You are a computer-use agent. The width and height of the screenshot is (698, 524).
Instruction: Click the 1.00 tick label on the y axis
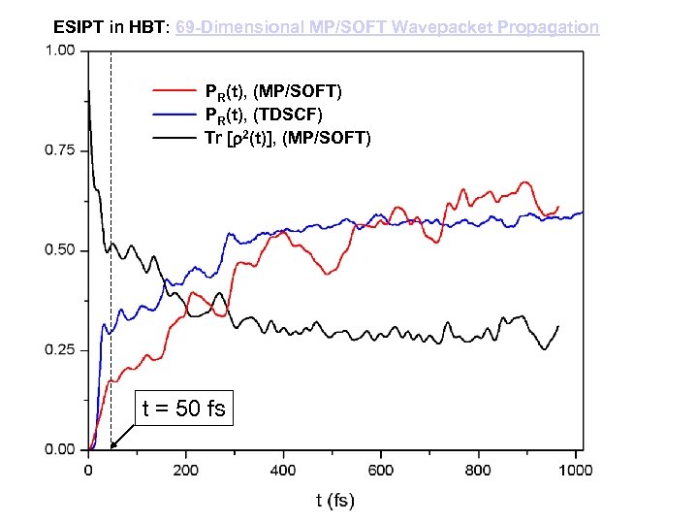(60, 51)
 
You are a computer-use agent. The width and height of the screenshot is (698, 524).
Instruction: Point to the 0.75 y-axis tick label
(60, 150)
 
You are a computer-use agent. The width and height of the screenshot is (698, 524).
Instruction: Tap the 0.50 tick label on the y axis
(60, 250)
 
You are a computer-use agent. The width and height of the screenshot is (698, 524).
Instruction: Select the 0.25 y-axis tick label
(60, 350)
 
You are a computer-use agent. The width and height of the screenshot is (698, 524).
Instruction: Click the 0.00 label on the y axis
(60, 449)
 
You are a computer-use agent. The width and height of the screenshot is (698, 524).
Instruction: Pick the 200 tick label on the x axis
(185, 471)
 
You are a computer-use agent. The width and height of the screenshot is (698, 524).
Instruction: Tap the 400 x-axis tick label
(283, 471)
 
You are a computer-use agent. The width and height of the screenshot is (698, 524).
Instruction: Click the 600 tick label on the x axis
(381, 471)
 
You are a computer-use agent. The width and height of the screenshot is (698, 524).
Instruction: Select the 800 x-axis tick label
(479, 471)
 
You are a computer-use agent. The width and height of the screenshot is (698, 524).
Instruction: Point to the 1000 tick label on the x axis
(576, 471)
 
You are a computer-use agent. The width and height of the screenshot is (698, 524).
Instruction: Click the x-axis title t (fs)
(334, 501)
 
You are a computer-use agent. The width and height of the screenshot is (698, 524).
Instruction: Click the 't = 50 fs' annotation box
(182, 409)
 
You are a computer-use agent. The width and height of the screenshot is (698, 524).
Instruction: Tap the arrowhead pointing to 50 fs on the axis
(113, 445)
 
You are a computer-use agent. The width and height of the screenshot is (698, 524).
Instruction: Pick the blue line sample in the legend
(174, 115)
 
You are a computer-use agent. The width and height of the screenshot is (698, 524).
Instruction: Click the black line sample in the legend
(174, 138)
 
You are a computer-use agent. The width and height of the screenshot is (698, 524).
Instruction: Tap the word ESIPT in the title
(78, 27)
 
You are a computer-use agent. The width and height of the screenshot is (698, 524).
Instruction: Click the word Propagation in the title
(548, 27)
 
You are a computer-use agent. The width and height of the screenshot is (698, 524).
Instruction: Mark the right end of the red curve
(558, 207)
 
